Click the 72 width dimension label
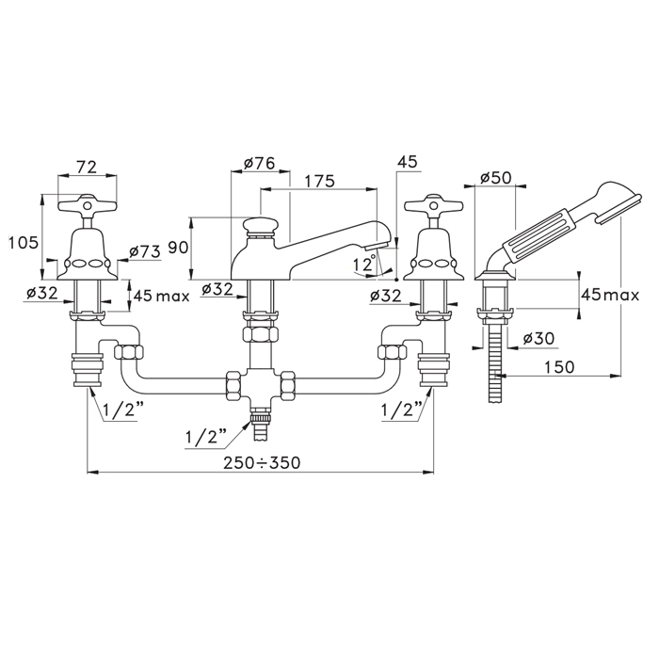tap(87, 167)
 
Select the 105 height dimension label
tap(24, 243)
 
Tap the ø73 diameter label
tap(145, 251)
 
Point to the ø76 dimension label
tap(259, 163)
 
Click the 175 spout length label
tap(319, 181)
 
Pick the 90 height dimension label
tap(178, 248)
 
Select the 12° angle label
tap(364, 264)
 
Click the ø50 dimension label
tap(496, 177)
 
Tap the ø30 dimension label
tap(539, 338)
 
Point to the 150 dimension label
tap(559, 367)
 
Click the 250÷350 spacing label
tap(262, 463)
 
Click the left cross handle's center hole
tap(87, 205)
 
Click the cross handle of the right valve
tap(433, 205)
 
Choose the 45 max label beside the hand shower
tap(610, 295)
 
